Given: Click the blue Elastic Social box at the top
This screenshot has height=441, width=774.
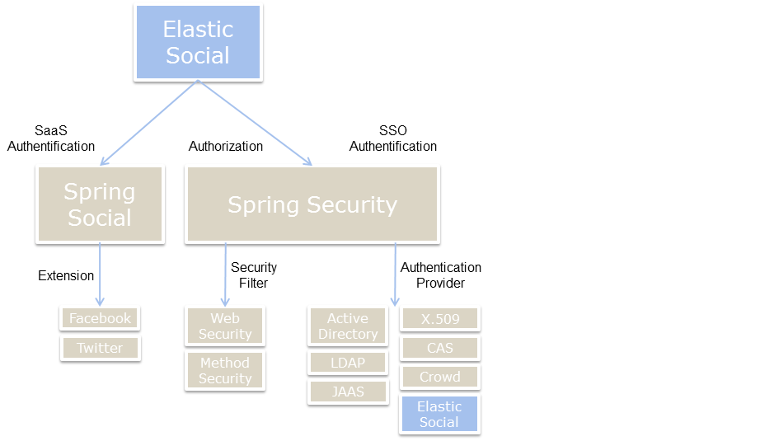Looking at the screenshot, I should [198, 42].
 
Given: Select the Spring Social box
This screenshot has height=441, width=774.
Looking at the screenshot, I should [99, 204].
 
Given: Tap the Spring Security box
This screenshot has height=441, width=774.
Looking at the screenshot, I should [312, 204].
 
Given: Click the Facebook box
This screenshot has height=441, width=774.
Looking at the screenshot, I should [100, 318].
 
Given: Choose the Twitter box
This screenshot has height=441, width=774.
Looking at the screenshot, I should [100, 348].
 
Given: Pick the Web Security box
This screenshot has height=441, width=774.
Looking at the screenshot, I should [225, 326].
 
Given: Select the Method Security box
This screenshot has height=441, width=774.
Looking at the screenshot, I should [225, 370].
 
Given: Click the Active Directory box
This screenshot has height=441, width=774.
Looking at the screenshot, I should [348, 326].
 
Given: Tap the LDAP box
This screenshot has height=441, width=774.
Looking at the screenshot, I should [348, 363].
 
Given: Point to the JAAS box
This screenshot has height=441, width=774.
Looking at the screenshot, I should [348, 392].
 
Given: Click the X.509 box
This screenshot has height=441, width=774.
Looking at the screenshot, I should [439, 318].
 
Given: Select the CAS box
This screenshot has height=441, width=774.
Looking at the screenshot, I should [439, 348].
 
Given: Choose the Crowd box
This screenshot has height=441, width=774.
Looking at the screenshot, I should [439, 377].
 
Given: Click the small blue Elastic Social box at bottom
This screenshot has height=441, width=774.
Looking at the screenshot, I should [439, 414].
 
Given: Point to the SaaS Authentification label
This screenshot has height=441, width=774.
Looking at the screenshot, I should [51, 138].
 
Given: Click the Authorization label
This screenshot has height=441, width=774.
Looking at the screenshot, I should [226, 146].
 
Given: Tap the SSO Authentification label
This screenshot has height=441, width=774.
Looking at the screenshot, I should [393, 138].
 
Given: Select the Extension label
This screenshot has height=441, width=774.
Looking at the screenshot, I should [66, 275].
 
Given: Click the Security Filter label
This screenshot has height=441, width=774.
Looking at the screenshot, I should [254, 275].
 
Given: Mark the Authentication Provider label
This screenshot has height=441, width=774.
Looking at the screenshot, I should [441, 275].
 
